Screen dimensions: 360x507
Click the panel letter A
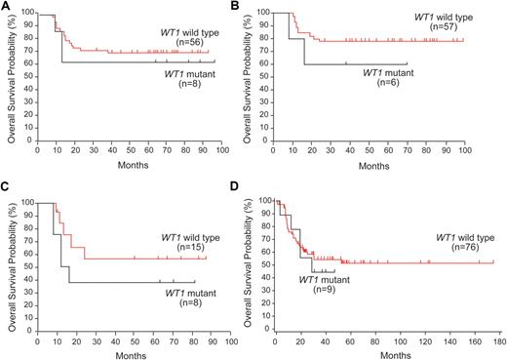pos(6,7)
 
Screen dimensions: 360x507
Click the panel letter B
pos(260,7)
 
